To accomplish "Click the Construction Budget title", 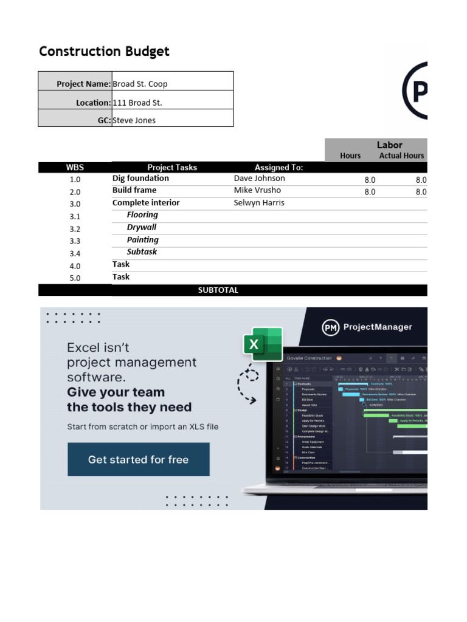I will coord(104,52).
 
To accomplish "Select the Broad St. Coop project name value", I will coord(140,84).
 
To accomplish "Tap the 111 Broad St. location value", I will coord(137,103).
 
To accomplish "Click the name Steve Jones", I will coord(134,120).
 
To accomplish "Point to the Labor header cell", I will coord(389,145).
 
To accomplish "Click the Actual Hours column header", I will coord(401,155).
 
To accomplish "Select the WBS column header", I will coord(75,167).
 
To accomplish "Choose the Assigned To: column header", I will coord(278,167).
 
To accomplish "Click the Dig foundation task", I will coord(140,179).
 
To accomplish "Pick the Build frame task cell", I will coord(134,190).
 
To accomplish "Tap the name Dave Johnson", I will coord(259,179).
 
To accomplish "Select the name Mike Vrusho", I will coord(257,190).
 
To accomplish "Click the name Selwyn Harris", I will coord(259,203).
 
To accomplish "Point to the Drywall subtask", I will coord(142,227).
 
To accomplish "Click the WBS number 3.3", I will coord(75,241).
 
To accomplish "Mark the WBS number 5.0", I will coord(75,278).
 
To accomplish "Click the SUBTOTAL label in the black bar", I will coord(218,290).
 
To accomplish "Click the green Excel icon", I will coord(263,344).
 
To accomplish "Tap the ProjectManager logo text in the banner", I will coord(377,327).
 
